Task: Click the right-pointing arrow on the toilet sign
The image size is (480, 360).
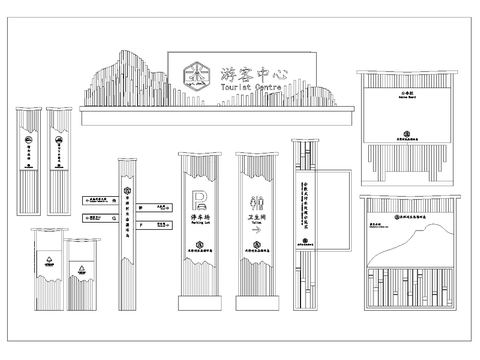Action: pos(255,231)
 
